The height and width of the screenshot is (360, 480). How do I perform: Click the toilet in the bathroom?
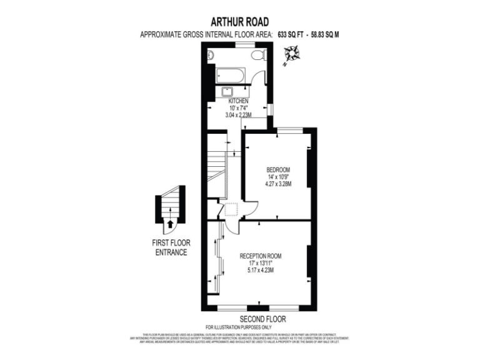point(257,56)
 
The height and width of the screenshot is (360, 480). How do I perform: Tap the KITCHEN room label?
point(238,101)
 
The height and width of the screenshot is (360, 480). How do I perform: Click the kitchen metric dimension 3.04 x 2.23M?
point(238,115)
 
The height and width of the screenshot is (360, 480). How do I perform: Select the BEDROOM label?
point(278,170)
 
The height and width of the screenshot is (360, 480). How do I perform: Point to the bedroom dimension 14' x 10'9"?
point(278,177)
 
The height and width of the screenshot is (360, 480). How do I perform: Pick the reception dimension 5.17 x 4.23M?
point(261,269)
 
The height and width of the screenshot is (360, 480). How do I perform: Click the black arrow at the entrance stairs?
point(171,222)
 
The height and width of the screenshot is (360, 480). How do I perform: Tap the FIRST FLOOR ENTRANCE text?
point(171,247)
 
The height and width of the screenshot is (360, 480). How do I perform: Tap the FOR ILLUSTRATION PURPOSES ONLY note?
point(239,327)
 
